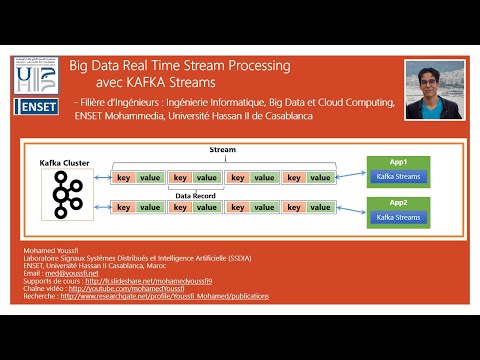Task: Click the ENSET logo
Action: pos(36,107)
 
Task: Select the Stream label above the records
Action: pos(222,149)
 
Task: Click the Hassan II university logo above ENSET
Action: pos(36,74)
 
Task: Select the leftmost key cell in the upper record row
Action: pos(123,177)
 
